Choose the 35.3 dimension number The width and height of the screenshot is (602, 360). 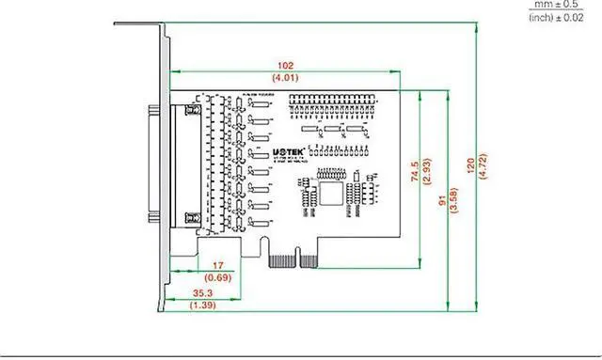click(200, 294)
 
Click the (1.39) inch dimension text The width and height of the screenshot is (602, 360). click(200, 305)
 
